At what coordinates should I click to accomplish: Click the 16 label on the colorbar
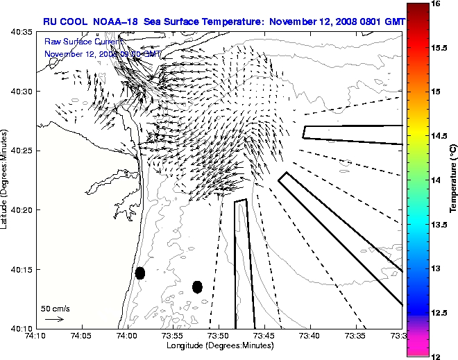click(x=436, y=3)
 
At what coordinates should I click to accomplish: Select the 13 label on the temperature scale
click(x=436, y=268)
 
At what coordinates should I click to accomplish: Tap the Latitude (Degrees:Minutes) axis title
click(x=6, y=180)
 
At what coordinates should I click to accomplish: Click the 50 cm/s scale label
click(x=55, y=308)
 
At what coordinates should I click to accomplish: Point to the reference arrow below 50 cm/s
click(x=54, y=319)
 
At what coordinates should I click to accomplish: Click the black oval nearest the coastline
click(x=139, y=273)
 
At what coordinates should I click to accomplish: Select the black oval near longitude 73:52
click(x=197, y=286)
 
